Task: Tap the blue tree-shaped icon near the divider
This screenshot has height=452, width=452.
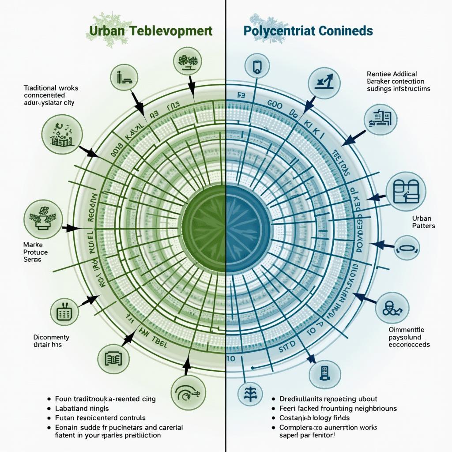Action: point(246,392)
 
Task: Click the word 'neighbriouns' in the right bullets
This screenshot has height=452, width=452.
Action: point(372,408)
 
